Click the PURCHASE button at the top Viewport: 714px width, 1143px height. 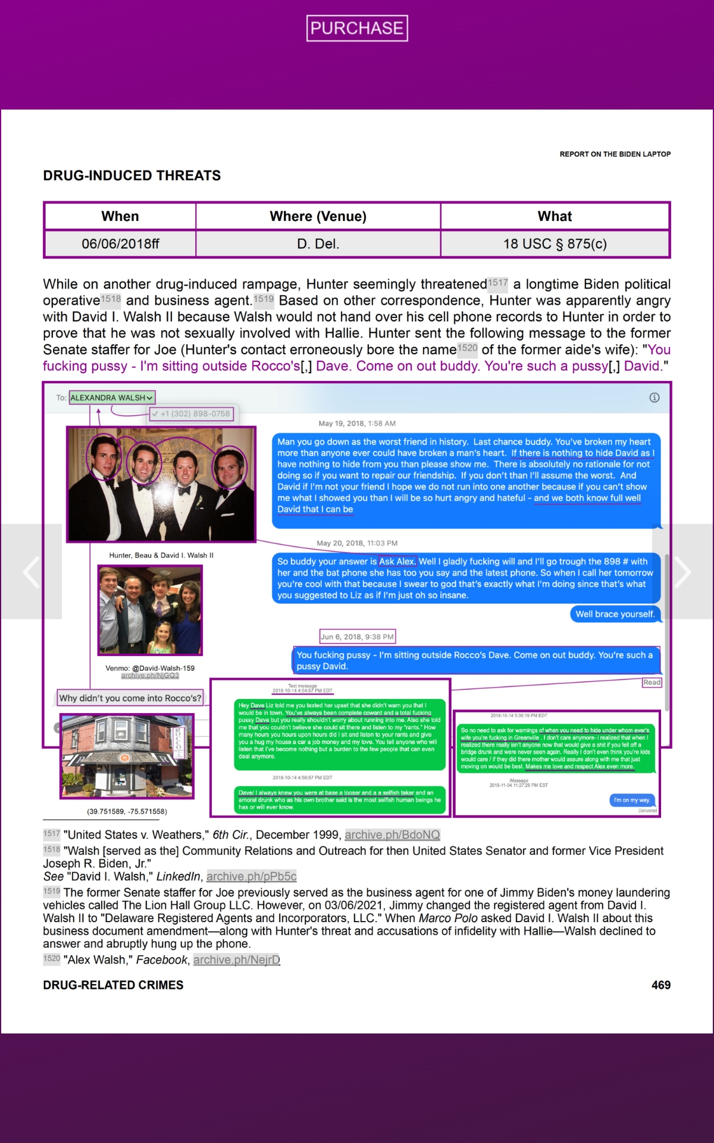click(x=357, y=28)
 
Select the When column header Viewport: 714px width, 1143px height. click(x=120, y=216)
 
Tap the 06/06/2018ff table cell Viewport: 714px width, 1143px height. click(x=120, y=243)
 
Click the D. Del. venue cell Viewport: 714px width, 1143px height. click(x=318, y=243)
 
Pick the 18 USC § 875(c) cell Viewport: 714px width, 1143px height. click(x=555, y=243)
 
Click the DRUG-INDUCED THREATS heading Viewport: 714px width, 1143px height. click(x=131, y=176)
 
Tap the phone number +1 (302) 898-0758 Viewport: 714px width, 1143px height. click(x=195, y=414)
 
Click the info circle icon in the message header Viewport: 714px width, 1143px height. click(x=654, y=398)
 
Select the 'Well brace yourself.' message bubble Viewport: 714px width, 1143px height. click(x=615, y=614)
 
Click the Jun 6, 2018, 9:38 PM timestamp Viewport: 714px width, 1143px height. click(x=357, y=636)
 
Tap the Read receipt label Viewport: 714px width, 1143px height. click(x=652, y=682)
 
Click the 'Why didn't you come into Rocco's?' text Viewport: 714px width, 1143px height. click(x=130, y=698)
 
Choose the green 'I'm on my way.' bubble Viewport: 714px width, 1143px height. click(x=632, y=800)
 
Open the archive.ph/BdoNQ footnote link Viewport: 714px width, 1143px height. click(x=392, y=835)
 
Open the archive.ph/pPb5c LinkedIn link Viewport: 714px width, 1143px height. click(x=251, y=876)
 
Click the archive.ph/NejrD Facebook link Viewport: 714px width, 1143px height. click(x=236, y=960)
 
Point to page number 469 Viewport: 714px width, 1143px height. click(x=660, y=985)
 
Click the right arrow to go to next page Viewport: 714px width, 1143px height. click(x=682, y=572)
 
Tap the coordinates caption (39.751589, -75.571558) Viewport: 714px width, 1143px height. click(x=127, y=811)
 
